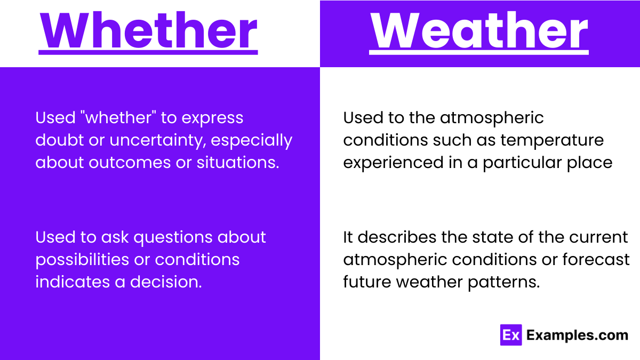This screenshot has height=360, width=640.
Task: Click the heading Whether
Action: (148, 31)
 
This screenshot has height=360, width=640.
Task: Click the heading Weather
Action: (479, 31)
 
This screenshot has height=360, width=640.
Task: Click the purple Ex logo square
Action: (510, 335)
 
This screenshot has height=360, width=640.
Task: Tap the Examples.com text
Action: (577, 335)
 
